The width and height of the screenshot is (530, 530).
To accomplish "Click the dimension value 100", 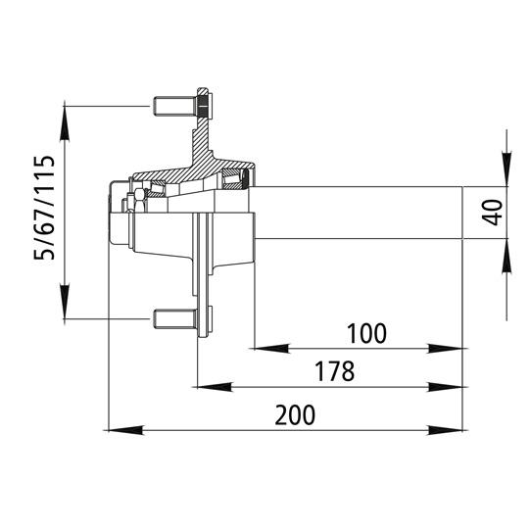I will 366,333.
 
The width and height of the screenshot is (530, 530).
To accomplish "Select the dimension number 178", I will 333,373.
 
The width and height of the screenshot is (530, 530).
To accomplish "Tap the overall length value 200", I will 294,414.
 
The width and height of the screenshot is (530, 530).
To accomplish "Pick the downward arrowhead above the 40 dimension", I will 506,171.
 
